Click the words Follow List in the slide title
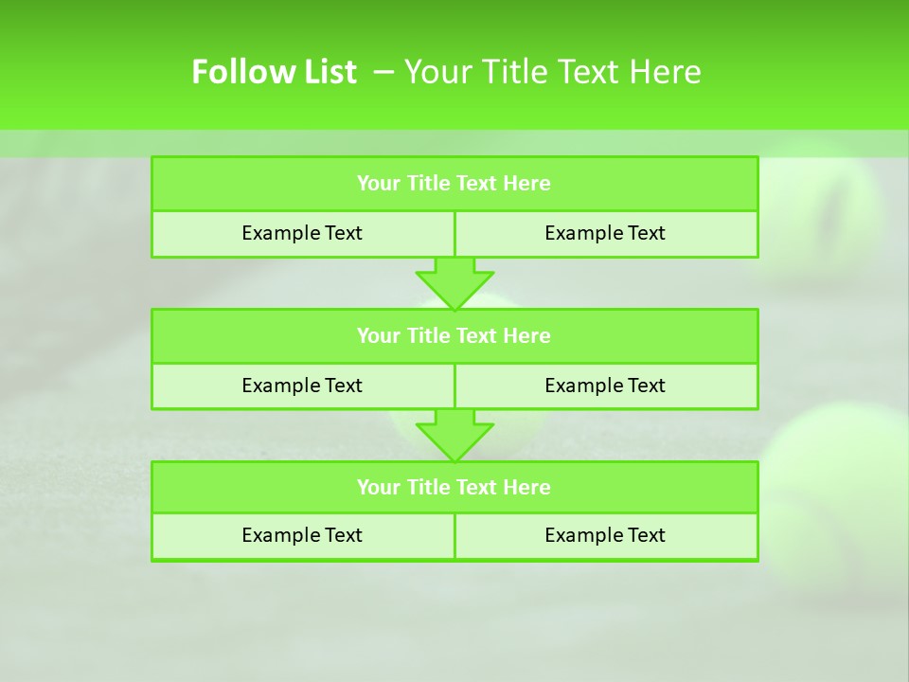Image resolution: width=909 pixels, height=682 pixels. pyautogui.click(x=274, y=72)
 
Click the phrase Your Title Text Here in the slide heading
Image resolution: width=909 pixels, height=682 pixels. pyautogui.click(x=552, y=72)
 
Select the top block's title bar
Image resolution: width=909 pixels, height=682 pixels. pyautogui.click(x=454, y=184)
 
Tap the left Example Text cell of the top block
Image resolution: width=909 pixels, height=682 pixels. pyautogui.click(x=302, y=233)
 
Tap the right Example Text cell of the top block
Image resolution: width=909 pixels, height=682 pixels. pyautogui.click(x=605, y=233)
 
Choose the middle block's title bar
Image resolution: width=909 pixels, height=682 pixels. pyautogui.click(x=454, y=335)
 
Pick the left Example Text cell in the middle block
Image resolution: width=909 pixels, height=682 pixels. pyautogui.click(x=302, y=386)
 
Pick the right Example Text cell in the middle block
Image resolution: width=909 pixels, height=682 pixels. pyautogui.click(x=605, y=386)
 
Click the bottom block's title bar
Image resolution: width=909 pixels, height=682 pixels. pyautogui.click(x=454, y=487)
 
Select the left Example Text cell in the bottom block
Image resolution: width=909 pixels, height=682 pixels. pyautogui.click(x=302, y=535)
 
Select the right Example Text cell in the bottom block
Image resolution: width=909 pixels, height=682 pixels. pyautogui.click(x=605, y=535)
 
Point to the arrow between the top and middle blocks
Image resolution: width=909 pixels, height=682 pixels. pyautogui.click(x=454, y=283)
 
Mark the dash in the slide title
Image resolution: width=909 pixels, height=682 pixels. pyautogui.click(x=384, y=72)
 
